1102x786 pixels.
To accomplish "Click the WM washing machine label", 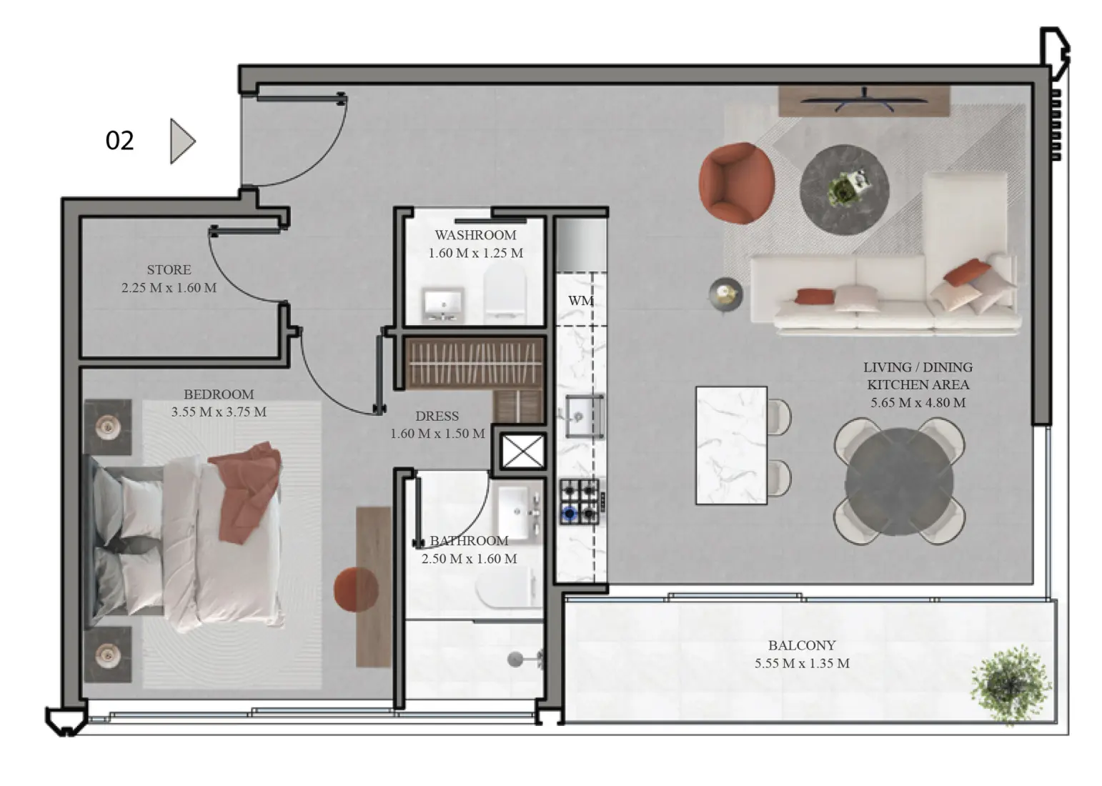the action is [x=580, y=301].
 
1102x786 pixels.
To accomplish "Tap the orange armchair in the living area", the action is [x=737, y=183].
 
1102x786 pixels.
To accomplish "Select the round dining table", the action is [x=899, y=482].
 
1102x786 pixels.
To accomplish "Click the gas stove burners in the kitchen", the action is [x=580, y=501].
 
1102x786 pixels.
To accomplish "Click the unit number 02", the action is [x=119, y=141].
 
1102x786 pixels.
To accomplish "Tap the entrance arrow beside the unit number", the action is [x=182, y=141].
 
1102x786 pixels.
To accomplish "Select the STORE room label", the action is [x=169, y=269].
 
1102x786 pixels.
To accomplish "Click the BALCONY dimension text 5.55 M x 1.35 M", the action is [x=802, y=663].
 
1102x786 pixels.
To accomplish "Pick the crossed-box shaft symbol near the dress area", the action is [x=523, y=452].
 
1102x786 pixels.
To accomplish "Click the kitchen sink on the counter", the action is [x=584, y=416].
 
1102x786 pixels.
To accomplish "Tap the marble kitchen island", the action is [x=731, y=445].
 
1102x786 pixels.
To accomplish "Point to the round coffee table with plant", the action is [x=844, y=189].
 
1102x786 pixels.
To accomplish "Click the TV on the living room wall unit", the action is [x=864, y=100].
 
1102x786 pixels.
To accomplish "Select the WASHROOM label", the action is [x=475, y=235].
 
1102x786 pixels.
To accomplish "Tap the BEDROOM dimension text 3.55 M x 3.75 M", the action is [x=219, y=412].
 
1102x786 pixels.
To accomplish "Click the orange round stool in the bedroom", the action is [x=356, y=589].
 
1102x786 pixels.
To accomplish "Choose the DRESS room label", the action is [x=437, y=416].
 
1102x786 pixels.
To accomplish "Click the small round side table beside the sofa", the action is [x=725, y=294].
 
